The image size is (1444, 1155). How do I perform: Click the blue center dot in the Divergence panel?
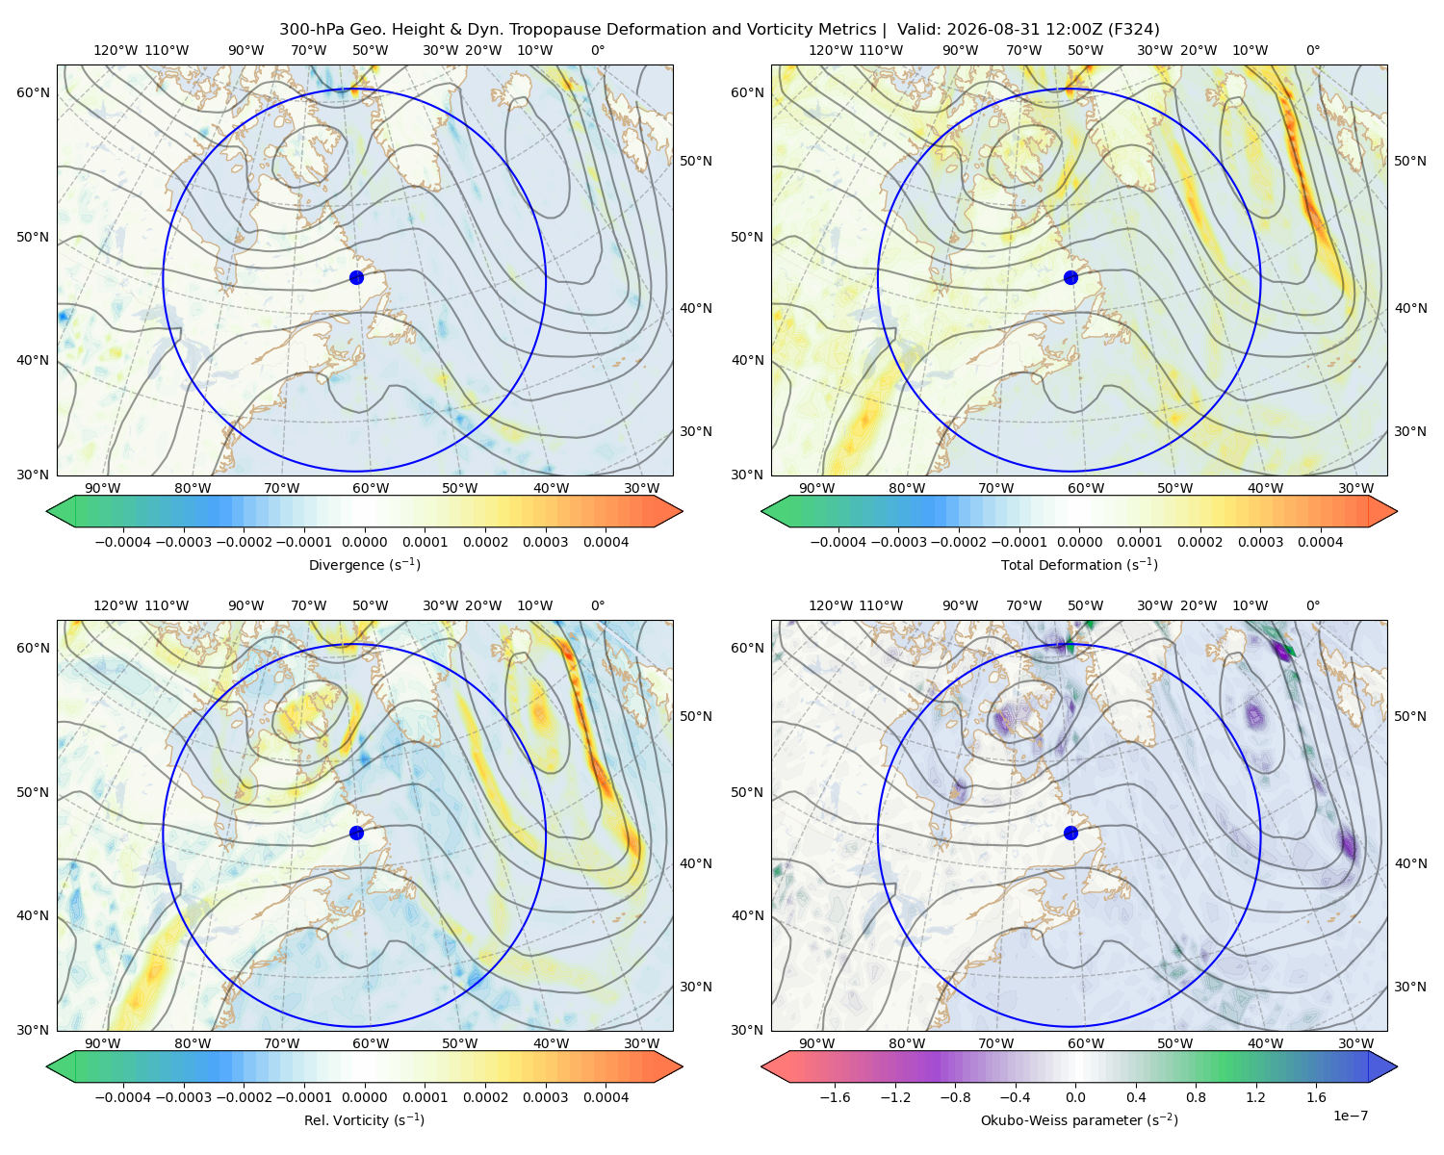click(x=356, y=277)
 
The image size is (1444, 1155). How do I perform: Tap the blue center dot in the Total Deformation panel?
click(x=1070, y=277)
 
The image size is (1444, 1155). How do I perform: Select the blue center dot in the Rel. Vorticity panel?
click(x=356, y=833)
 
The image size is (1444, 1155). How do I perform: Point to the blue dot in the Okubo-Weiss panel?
click(x=1070, y=833)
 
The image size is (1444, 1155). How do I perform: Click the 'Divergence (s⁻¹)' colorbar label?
click(x=364, y=564)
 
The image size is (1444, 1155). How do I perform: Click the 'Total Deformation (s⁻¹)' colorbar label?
click(x=1079, y=564)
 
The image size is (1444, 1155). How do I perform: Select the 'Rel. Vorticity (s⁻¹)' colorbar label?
click(x=364, y=1119)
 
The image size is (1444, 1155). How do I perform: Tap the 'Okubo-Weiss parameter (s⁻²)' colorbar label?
click(x=1079, y=1119)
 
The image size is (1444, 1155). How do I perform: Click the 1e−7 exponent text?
click(x=1350, y=1116)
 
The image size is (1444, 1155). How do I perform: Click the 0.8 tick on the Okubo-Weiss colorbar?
click(x=1196, y=1096)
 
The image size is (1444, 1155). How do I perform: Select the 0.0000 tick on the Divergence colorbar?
click(x=364, y=542)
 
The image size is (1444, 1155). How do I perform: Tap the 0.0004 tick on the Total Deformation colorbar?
click(x=1320, y=542)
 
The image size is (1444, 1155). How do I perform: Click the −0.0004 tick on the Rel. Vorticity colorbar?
click(x=123, y=1096)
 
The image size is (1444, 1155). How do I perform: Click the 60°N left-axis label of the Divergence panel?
click(x=33, y=92)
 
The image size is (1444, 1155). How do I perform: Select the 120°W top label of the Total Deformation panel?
click(x=831, y=50)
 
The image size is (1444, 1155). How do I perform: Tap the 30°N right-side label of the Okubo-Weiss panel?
click(x=1410, y=987)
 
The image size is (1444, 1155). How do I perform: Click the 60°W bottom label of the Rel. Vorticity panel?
click(x=371, y=1043)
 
